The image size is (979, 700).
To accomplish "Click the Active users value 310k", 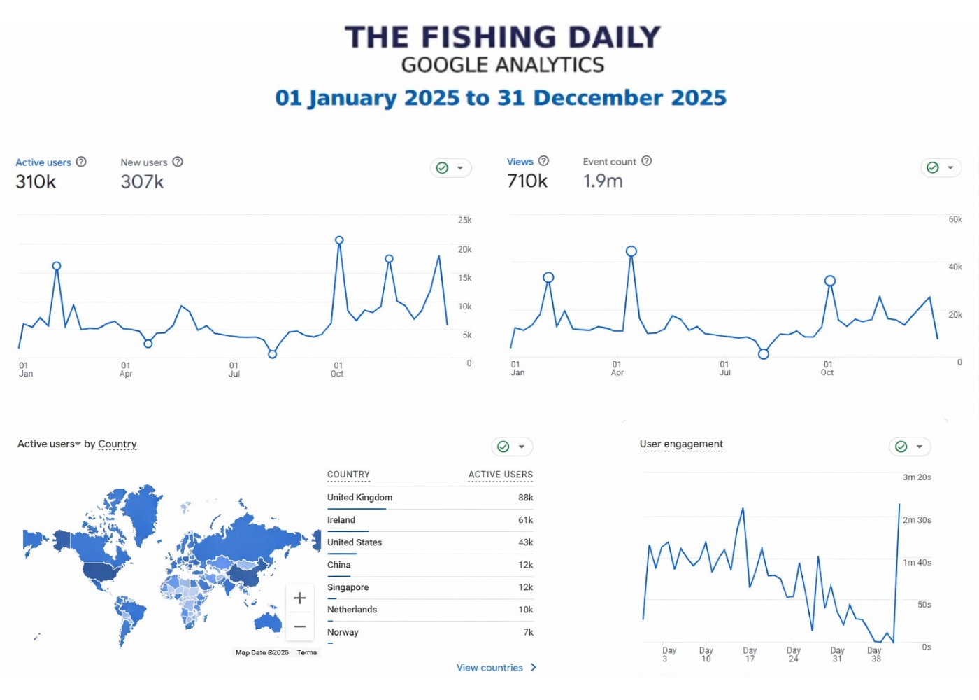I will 36,182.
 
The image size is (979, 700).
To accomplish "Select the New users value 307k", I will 142,182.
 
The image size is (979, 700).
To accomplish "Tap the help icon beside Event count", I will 647,161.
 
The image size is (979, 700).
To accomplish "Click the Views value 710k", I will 527,181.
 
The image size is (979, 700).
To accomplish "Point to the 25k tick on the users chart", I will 464,220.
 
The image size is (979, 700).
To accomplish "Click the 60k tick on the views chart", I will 955,220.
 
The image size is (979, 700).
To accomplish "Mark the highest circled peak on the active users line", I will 339,240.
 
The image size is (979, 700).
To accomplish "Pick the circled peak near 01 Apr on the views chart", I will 631,251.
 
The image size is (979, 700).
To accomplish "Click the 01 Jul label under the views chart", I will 724,368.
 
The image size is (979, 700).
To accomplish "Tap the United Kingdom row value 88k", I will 525,498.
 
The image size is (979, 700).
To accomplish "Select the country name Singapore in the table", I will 348,587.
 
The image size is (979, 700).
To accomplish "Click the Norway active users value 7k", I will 528,632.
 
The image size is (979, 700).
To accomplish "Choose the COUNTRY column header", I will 348,475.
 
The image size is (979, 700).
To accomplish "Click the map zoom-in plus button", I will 299,598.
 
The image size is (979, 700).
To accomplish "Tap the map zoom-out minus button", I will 299,626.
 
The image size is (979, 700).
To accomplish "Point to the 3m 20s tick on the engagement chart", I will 917,477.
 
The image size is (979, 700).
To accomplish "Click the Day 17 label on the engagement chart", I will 750,654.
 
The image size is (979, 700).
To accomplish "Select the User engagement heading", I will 681,444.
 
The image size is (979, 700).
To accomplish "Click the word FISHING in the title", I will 489,37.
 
